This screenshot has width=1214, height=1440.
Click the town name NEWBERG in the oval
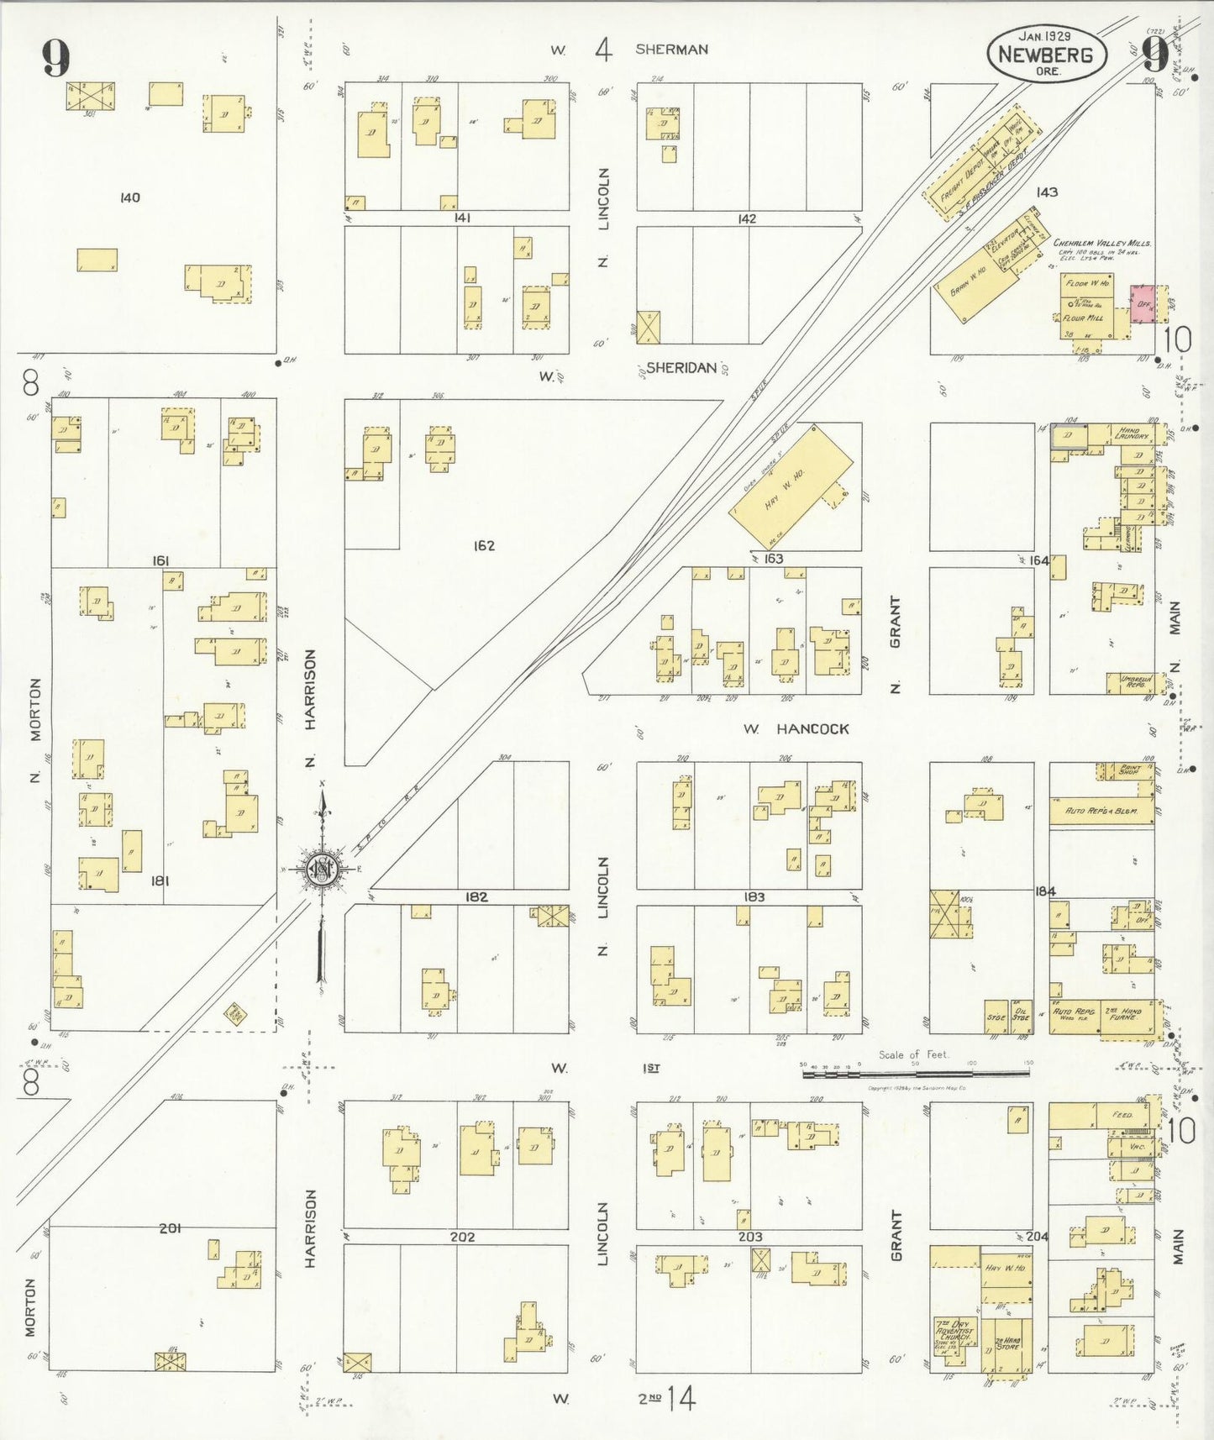coord(1045,55)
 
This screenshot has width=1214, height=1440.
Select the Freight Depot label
coord(954,183)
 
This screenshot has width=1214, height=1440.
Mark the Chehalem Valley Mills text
coord(1101,243)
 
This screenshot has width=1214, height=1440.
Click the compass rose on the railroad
coord(321,870)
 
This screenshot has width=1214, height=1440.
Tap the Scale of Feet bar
coord(915,1073)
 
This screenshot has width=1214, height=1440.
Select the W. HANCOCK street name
coord(796,729)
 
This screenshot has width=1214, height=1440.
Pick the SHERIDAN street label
coord(681,367)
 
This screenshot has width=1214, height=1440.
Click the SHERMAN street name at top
coord(671,50)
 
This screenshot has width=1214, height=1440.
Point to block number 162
coord(484,546)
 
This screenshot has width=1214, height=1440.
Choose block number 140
coord(129,198)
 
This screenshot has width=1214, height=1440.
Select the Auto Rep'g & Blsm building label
coord(1101,812)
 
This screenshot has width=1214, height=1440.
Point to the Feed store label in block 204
coord(1122,1115)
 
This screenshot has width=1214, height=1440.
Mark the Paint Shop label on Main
coord(1128,770)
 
